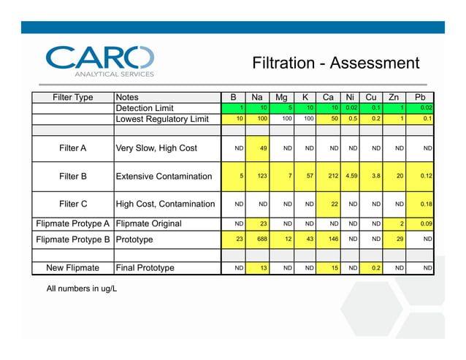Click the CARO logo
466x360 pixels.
[100, 61]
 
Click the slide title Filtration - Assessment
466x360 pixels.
[335, 63]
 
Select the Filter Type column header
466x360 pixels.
[73, 97]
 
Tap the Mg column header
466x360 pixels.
[281, 97]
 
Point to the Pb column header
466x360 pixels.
[420, 97]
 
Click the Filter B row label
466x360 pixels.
[73, 176]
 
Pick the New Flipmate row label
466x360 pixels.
[73, 268]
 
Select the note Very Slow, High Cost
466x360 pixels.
[156, 148]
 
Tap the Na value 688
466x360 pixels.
[259, 239]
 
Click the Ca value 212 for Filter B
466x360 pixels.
[329, 176]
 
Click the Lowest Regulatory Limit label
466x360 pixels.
[162, 119]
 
